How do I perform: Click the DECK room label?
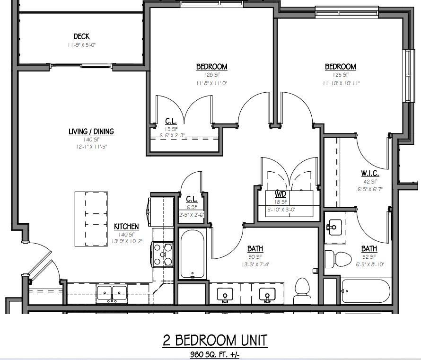[x=81, y=36]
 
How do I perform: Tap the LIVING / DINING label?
[x=91, y=132]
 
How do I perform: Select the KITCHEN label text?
[x=126, y=227]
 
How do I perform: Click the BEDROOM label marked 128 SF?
[x=211, y=67]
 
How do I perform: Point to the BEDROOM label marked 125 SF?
[x=340, y=67]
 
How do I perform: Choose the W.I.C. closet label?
[x=370, y=173]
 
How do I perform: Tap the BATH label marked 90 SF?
[x=255, y=249]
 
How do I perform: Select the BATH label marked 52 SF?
[x=369, y=249]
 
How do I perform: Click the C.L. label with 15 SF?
[x=171, y=121]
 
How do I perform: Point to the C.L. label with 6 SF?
[x=191, y=199]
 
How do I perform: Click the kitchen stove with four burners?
[x=163, y=254]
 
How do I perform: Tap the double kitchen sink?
[x=112, y=293]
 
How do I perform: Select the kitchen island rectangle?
[x=91, y=219]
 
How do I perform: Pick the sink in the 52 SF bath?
[x=334, y=226]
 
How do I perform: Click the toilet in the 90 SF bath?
[x=301, y=290]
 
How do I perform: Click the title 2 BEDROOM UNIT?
[x=215, y=340]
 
